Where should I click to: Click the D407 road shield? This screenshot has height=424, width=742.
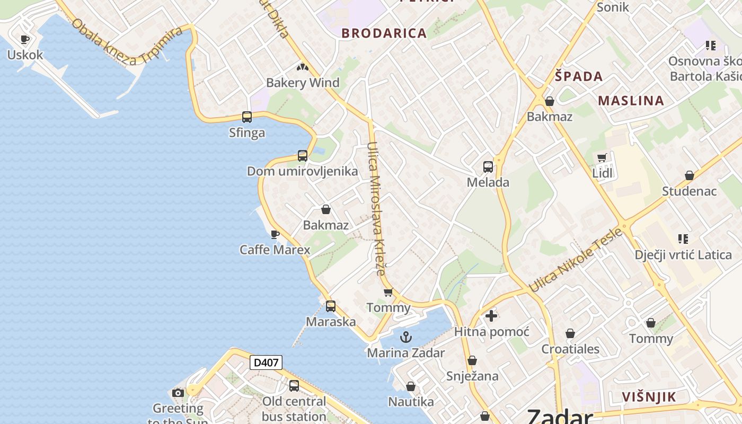coord(266,363)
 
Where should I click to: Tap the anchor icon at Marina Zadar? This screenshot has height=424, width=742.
coord(405,337)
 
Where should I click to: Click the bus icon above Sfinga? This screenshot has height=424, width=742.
coord(247,117)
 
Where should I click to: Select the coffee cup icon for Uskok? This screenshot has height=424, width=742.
coord(24,39)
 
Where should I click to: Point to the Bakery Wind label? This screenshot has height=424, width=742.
coord(303,83)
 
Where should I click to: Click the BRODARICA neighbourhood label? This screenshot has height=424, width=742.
coord(384,33)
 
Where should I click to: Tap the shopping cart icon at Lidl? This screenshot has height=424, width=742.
coord(602,157)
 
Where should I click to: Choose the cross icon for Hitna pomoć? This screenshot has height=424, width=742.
coord(491,316)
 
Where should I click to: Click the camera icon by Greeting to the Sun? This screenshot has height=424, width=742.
coord(178,393)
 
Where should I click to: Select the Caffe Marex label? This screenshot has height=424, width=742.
coord(275,250)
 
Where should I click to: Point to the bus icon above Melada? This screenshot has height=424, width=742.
coord(488,167)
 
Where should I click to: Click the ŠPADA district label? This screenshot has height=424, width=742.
coord(579,76)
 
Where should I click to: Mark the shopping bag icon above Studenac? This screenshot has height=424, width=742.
coord(690,175)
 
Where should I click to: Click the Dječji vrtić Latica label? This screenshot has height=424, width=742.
coord(683,255)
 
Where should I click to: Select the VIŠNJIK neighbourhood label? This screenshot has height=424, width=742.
coord(649,397)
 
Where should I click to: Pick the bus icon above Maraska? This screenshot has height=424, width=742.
coord(331,306)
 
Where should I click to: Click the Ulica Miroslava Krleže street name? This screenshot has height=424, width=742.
coord(375,209)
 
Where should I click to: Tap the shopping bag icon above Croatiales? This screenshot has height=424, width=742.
coord(570,333)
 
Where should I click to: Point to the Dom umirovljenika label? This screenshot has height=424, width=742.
coord(302,172)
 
